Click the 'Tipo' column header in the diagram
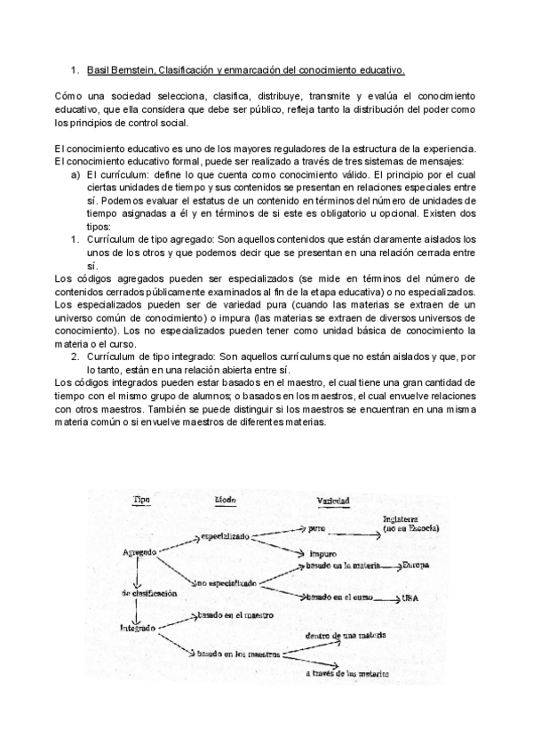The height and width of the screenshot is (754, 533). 141,501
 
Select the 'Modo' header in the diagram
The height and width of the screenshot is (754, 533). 223,501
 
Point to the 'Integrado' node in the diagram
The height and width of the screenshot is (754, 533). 138,628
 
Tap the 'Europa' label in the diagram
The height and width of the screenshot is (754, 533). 418,565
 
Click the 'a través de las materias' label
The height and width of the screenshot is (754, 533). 347,675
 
